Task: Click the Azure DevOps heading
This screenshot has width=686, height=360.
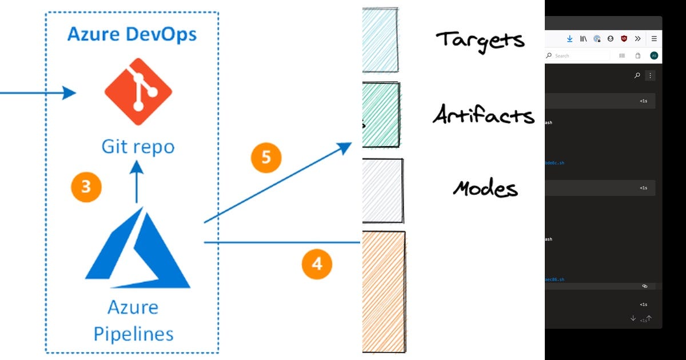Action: (x=131, y=34)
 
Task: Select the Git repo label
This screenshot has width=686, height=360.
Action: (x=138, y=147)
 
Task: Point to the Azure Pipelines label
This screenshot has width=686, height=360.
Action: (x=133, y=321)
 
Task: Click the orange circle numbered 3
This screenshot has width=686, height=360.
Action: (x=86, y=187)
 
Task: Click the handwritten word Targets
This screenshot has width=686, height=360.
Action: (x=480, y=40)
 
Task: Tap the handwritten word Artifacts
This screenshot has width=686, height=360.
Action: (x=483, y=115)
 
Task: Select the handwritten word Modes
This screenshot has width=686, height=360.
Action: (x=485, y=188)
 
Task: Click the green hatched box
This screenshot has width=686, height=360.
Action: (x=381, y=114)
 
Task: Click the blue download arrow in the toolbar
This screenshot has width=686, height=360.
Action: (x=569, y=39)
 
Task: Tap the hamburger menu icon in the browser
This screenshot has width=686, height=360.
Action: (x=654, y=39)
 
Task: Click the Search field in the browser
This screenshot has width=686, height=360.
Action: (x=577, y=55)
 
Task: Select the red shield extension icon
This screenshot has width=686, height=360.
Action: (x=624, y=39)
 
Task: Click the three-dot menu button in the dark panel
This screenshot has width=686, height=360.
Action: (x=650, y=75)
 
